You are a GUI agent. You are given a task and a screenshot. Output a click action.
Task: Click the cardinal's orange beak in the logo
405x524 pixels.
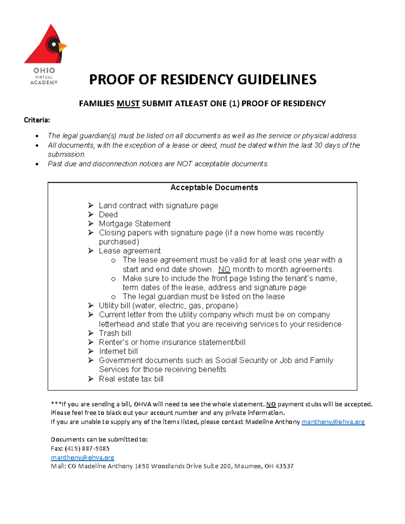(62, 47)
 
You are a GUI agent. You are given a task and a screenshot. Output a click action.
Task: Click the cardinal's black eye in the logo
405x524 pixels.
(53, 44)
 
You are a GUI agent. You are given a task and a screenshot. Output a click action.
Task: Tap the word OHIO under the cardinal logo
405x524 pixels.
(44, 71)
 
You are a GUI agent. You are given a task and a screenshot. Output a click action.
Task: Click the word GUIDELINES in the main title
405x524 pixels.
(277, 80)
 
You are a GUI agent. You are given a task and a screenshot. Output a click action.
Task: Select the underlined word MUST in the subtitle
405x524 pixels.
(128, 104)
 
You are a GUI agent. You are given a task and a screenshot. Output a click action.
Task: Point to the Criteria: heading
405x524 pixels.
(37, 120)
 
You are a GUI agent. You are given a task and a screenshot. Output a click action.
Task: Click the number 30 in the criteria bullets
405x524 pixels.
(318, 145)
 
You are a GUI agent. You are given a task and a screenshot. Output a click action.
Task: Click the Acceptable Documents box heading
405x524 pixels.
(214, 188)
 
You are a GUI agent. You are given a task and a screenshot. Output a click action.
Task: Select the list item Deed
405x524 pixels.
(108, 215)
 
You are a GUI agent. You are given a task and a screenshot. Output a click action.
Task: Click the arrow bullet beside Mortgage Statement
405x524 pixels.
(90, 223)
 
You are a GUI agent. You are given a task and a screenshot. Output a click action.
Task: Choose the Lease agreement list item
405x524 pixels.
(130, 251)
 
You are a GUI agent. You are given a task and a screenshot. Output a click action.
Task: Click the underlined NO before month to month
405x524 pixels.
(224, 270)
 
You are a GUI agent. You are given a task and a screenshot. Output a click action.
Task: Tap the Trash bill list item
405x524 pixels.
(115, 333)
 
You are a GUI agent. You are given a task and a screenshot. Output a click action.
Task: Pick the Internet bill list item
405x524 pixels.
(118, 352)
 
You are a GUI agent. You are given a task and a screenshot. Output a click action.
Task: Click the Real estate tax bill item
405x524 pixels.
(131, 379)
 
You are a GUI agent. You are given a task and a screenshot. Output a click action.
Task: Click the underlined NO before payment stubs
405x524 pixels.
(271, 404)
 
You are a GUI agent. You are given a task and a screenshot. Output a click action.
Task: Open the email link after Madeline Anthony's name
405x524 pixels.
(333, 422)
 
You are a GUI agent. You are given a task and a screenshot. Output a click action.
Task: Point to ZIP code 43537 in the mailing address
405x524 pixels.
(284, 466)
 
